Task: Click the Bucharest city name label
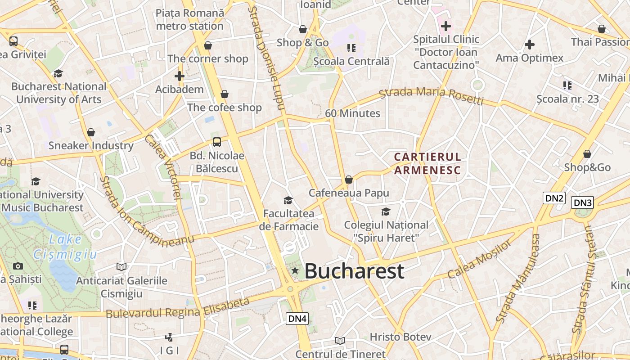pos(354,271)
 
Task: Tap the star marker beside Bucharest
pos(295,270)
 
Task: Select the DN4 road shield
pos(297,319)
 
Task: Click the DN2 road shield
pos(554,198)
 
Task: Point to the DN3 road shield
pos(583,203)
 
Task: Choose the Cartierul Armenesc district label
pos(427,164)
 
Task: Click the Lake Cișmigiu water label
pos(65,247)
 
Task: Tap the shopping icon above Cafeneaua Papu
pos(348,180)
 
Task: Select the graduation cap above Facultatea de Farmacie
pos(288,200)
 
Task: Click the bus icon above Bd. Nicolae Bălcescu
pos(217,142)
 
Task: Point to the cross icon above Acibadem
pos(180,76)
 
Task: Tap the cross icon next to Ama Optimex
pos(530,45)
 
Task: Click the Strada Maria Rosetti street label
pos(431,95)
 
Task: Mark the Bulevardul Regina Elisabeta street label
pos(178,309)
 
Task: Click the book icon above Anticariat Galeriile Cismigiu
pos(121,267)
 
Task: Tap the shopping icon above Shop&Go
pos(587,154)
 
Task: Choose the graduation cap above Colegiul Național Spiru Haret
pos(386,211)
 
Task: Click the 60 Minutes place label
pos(352,113)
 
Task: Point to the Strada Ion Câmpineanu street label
pos(146,211)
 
